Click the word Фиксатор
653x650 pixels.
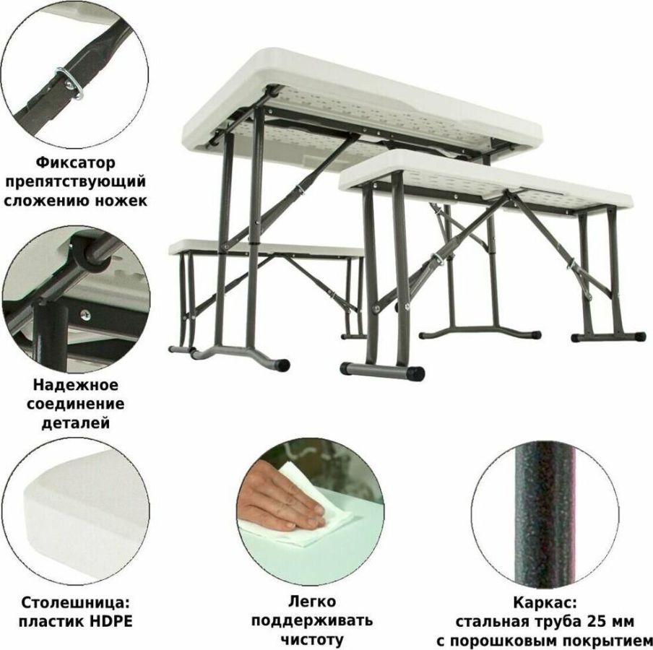[75, 162]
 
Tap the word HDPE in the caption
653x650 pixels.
[111, 621]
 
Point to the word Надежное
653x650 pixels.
[75, 385]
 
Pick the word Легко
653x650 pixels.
[312, 602]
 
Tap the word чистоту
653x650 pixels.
[312, 640]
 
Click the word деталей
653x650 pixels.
[75, 423]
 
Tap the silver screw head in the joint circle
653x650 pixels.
[85, 314]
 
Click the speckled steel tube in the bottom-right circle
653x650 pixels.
[545, 515]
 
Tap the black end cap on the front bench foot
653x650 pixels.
[415, 373]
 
